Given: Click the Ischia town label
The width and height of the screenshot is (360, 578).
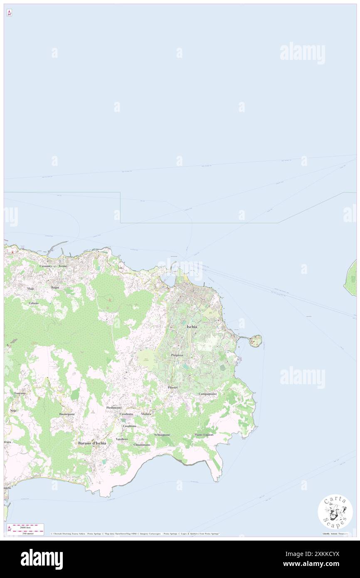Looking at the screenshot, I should click(192, 327).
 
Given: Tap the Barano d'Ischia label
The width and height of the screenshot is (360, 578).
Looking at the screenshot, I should click(92, 443).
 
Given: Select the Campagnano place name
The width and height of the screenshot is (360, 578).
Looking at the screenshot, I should click(207, 393).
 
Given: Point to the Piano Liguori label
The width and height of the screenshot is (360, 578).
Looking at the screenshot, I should click(204, 435).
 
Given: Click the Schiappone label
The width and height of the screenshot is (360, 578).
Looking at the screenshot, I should click(162, 435).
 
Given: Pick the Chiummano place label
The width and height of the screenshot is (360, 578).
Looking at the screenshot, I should click(142, 445).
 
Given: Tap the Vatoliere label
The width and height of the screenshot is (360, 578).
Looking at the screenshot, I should click(122, 439).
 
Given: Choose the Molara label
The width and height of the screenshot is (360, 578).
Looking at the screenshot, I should click(146, 414).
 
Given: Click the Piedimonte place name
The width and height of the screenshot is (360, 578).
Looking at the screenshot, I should click(114, 408).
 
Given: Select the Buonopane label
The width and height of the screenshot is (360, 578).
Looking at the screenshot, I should click(67, 414).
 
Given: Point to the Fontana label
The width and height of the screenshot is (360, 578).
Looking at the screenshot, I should click(20, 393).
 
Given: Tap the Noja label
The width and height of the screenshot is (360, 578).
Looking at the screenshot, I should click(13, 410).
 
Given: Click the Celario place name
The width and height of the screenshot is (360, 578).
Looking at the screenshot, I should click(34, 303).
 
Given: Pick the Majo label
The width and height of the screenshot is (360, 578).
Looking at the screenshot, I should click(31, 288).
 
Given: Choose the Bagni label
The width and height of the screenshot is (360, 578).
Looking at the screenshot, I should click(55, 287).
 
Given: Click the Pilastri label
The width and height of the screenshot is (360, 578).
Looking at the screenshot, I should click(173, 387).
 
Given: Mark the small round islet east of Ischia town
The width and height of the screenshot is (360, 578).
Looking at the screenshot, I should click(256, 341).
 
